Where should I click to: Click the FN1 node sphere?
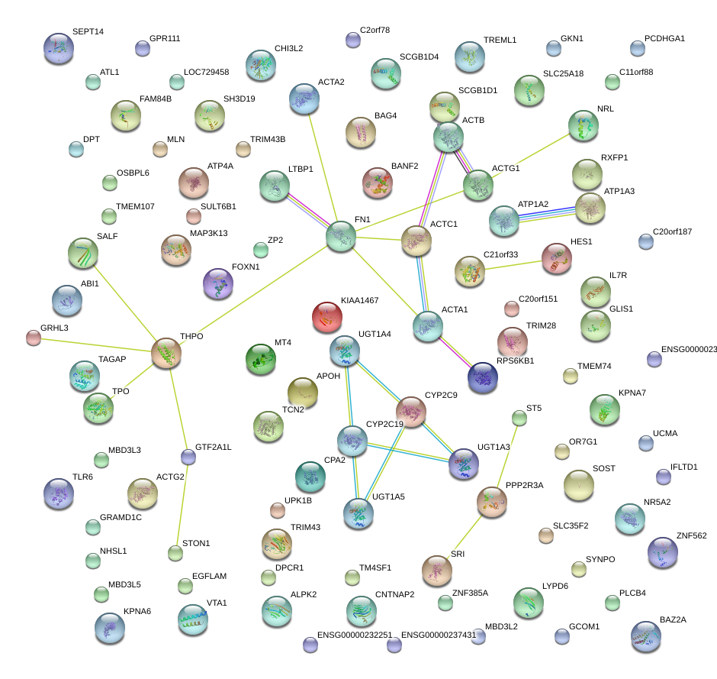(341, 237)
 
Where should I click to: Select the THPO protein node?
(166, 353)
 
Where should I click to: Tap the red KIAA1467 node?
(327, 318)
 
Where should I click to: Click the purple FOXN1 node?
(218, 283)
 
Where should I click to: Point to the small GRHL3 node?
(33, 337)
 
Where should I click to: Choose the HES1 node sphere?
(556, 259)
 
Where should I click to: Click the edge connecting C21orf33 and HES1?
(513, 265)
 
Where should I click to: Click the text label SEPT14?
(88, 31)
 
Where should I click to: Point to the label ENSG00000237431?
(438, 635)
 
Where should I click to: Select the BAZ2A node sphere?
(646, 638)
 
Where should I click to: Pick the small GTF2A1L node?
(188, 457)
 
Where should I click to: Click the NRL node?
(584, 125)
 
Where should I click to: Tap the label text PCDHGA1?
(664, 38)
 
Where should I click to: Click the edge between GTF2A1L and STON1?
(182, 504)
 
